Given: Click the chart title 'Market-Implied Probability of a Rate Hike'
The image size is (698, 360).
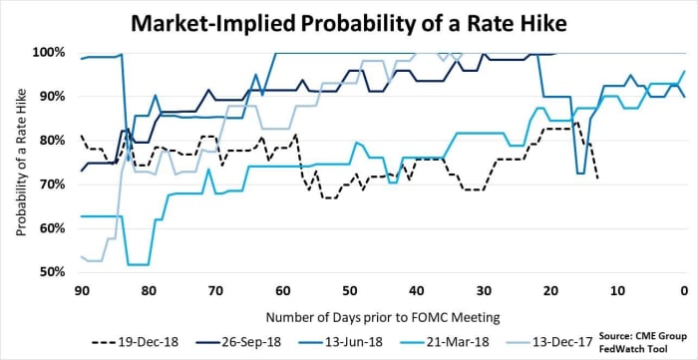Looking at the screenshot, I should (349, 20).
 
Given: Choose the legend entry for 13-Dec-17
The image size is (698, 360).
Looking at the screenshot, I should (571, 339).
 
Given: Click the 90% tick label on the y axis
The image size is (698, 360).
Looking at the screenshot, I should (52, 97).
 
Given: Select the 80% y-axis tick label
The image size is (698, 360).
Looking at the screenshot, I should (52, 141).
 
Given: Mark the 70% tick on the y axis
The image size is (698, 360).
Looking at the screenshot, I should (52, 184).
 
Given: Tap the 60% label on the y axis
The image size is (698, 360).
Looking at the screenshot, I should (52, 228).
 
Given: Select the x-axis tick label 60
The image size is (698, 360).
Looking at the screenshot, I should (282, 290).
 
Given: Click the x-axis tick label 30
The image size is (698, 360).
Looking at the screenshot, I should (483, 290).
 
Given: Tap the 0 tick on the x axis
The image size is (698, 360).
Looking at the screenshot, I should (683, 290).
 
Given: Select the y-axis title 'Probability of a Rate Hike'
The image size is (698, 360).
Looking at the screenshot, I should (20, 163).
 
